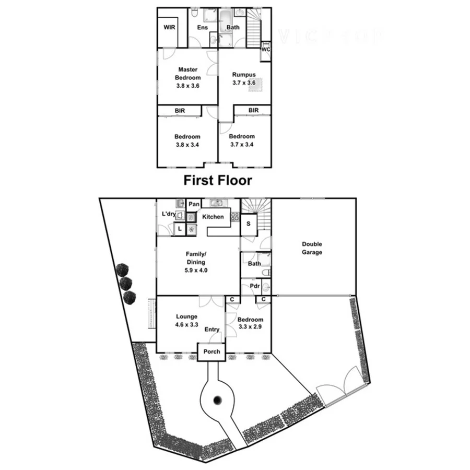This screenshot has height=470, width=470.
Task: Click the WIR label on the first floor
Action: pyautogui.click(x=169, y=27)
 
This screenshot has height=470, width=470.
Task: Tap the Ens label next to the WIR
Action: pyautogui.click(x=203, y=27)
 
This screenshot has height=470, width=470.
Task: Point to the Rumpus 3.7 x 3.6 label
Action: pyautogui.click(x=244, y=78)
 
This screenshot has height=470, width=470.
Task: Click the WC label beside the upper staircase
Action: pyautogui.click(x=266, y=50)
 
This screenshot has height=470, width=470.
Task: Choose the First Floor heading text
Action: pyautogui.click(x=217, y=181)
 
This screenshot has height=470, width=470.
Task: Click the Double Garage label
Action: pyautogui.click(x=312, y=248)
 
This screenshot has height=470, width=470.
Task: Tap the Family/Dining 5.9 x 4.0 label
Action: pyautogui.click(x=195, y=262)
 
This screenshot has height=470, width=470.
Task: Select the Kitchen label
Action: pyautogui.click(x=213, y=217)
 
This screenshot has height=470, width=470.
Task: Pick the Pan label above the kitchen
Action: pyautogui.click(x=194, y=204)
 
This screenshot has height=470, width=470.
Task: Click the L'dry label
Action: pyautogui.click(x=168, y=215)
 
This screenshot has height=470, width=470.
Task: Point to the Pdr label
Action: pyautogui.click(x=255, y=286)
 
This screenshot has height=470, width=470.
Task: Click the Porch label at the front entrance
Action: pyautogui.click(x=212, y=351)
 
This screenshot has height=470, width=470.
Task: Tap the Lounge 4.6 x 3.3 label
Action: pyautogui.click(x=186, y=320)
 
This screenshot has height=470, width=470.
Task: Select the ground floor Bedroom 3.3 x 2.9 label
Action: pyautogui.click(x=250, y=323)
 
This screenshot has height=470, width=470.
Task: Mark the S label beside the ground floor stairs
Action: pyautogui.click(x=248, y=224)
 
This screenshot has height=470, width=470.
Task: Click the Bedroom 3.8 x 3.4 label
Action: pyautogui.click(x=187, y=140)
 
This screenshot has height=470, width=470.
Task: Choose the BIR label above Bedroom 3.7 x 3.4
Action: pyautogui.click(x=253, y=110)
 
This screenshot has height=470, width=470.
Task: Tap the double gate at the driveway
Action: pyautogui.click(x=340, y=385)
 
